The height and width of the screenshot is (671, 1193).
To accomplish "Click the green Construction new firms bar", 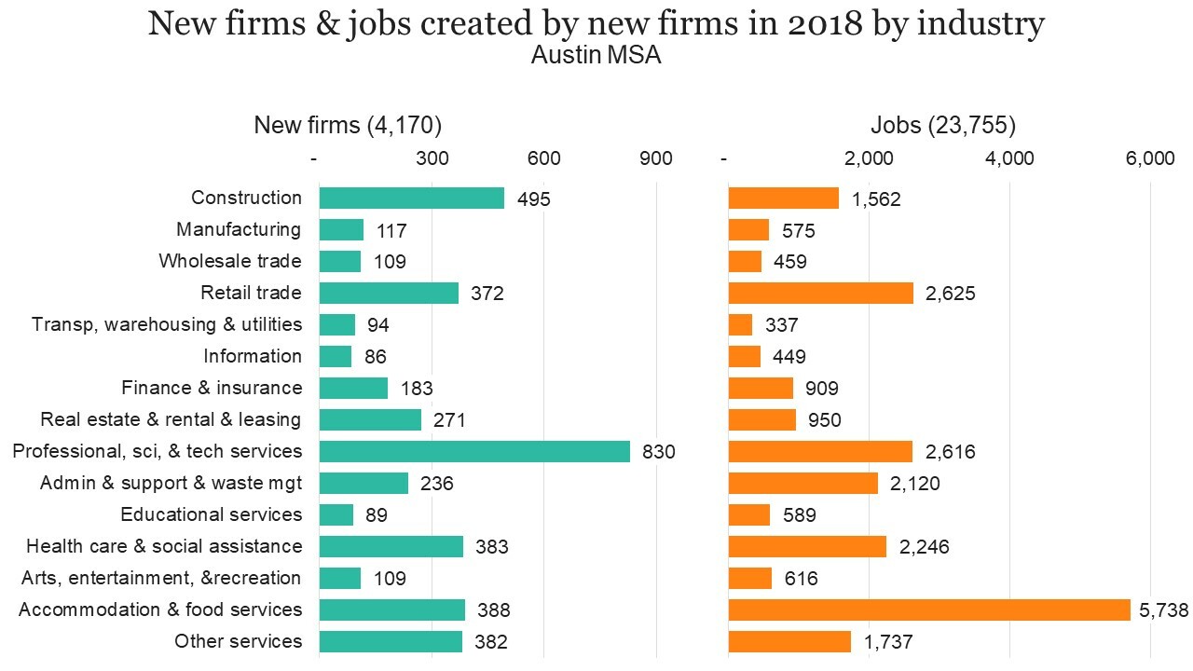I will coord(411,198).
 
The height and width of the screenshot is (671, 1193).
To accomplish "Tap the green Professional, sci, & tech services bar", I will coord(474,451).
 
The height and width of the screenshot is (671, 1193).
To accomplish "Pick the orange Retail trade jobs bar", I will coord(820,293).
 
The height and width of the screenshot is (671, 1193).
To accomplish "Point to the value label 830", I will coord(658,452).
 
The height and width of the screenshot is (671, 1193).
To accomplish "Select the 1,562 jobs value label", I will coord(875,199).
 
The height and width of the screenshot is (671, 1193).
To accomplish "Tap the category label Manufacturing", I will coord(239,229).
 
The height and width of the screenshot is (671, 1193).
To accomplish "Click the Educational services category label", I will coord(212,514).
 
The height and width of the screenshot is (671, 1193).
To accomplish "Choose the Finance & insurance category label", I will coord(212,388).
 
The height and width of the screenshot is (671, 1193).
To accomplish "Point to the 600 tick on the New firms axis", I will coord(543,158).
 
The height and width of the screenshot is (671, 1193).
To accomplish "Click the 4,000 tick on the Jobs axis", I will coord(1009,158).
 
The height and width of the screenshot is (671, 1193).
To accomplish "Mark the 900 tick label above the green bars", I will coord(656,158).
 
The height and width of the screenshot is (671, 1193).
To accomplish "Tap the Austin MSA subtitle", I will coord(596,56).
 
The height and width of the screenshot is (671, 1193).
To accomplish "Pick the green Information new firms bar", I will coord(336,356).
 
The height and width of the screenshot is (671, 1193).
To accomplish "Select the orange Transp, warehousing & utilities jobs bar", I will coord(740,324).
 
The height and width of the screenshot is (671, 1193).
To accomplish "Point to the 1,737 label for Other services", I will coord(887,642).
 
